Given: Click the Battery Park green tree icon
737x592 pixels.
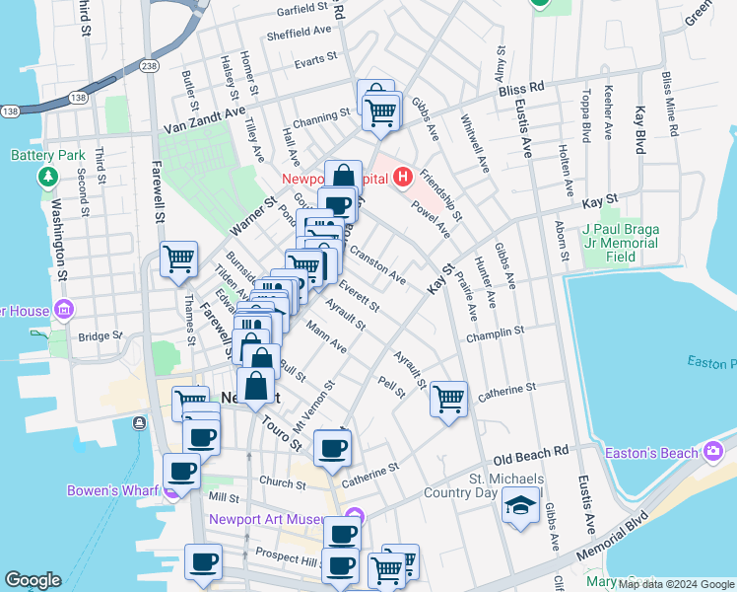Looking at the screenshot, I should [x=46, y=177].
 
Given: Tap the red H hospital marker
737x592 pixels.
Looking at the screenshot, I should [x=401, y=179].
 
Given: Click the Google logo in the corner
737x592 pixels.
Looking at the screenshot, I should [x=33, y=580].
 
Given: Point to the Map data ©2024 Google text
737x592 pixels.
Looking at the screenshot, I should [x=676, y=585].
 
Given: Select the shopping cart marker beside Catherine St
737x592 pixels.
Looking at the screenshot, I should [x=448, y=400].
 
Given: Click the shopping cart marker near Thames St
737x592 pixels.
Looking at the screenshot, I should [x=178, y=260].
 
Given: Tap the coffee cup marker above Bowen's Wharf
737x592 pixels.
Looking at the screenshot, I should [x=182, y=472].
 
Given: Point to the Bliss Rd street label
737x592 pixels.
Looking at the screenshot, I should [x=521, y=88].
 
